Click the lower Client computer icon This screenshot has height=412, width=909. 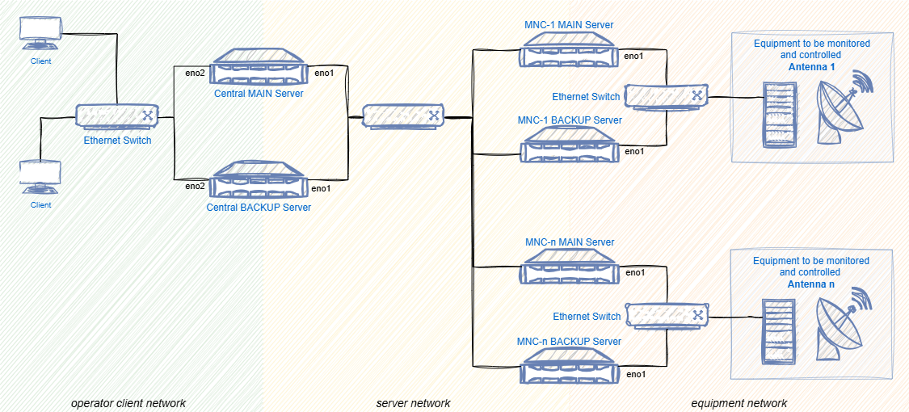click(40, 178)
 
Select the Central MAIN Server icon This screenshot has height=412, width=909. click(259, 68)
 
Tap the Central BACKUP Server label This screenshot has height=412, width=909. click(259, 208)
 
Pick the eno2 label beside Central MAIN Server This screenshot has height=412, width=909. click(195, 74)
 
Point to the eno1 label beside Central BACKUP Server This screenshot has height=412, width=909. click(322, 188)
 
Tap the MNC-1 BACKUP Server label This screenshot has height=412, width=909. click(570, 120)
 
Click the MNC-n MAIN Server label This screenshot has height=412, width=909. click(570, 242)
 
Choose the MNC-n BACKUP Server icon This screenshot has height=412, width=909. click(570, 369)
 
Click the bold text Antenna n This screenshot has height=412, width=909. click(810, 285)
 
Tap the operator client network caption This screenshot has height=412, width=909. click(128, 403)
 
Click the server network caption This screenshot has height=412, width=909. click(413, 403)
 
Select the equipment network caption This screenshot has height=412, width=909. click(739, 403)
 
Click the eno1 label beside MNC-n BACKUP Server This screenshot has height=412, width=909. click(636, 374)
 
